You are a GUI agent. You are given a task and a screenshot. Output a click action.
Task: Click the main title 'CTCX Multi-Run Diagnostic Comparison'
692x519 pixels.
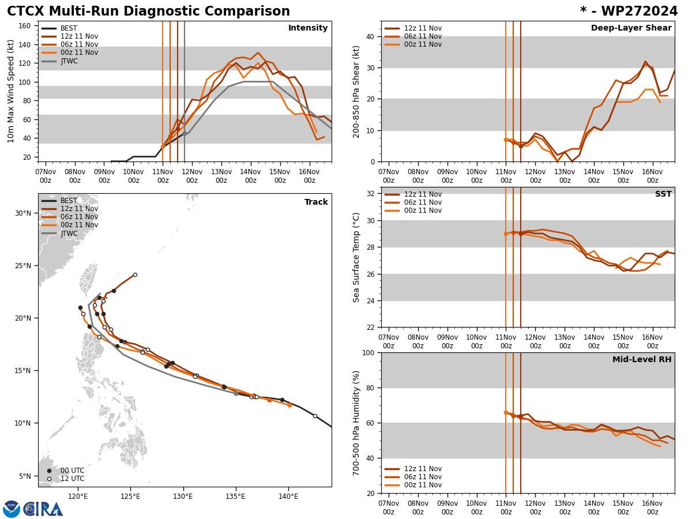tap(148, 12)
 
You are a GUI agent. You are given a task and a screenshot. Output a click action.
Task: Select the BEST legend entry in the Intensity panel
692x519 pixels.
tap(69, 28)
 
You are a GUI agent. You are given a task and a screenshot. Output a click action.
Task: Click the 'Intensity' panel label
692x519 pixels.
tap(308, 28)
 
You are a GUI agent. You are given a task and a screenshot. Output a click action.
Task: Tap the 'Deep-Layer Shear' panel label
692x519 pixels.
tap(631, 28)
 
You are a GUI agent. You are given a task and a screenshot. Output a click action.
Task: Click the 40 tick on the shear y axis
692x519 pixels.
tap(370, 36)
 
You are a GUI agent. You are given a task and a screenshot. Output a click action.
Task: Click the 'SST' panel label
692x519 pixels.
tap(663, 194)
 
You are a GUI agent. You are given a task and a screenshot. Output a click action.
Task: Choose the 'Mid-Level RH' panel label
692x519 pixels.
tap(642, 360)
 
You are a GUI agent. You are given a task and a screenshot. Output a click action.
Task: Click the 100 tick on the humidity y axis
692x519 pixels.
tap(367, 352)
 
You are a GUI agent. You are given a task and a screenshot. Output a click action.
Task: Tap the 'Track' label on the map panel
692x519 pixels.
tap(316, 202)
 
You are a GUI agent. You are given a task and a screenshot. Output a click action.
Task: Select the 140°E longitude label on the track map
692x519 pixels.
tap(289, 496)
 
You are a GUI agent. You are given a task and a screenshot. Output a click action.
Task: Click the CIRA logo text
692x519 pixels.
tap(43, 509)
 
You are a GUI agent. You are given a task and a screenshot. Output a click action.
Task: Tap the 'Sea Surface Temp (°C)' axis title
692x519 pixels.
tap(356, 257)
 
